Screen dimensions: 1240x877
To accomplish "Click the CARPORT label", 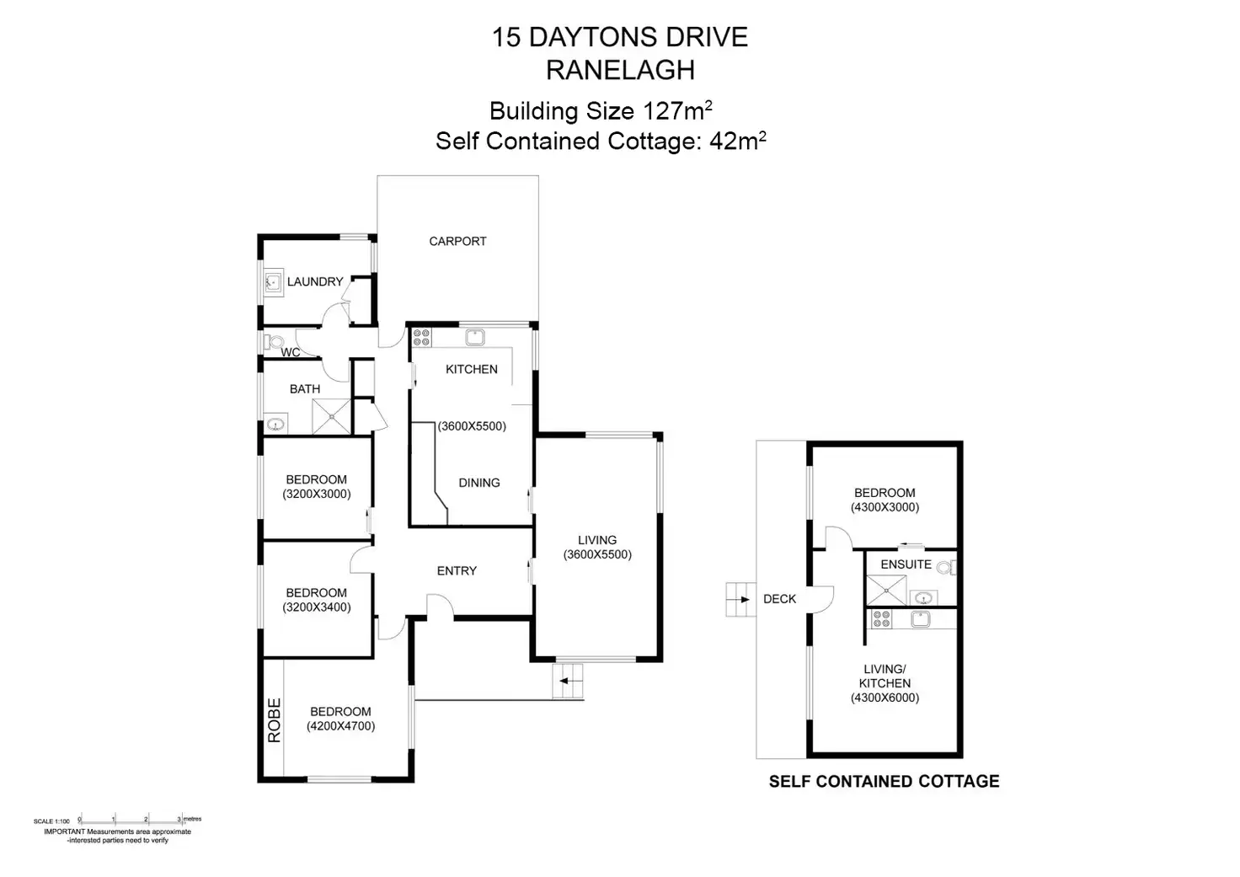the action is click(x=457, y=242).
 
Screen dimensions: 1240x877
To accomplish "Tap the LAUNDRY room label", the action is click(x=315, y=282).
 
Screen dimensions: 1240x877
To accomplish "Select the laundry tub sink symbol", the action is click(x=273, y=282).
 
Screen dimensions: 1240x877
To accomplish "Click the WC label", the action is click(x=290, y=353).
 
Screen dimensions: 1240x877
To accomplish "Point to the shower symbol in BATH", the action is click(x=332, y=416).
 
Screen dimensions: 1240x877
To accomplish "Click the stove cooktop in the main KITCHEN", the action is click(x=421, y=337).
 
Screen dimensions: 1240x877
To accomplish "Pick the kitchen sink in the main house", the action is click(x=475, y=337).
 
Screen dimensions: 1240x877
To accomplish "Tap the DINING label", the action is click(x=478, y=483).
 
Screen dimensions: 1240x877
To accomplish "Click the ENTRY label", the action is click(x=457, y=571).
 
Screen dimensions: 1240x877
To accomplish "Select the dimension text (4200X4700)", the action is click(x=341, y=726).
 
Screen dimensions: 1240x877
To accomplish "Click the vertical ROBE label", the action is click(x=275, y=719).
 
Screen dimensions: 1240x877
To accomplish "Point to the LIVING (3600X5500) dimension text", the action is click(x=597, y=554).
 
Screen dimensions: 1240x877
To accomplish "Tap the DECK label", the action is click(x=779, y=598).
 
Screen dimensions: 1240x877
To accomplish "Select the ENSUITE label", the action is click(x=906, y=564).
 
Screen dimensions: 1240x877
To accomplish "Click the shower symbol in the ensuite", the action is click(x=886, y=591).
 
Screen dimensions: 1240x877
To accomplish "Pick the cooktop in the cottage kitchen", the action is click(x=882, y=619).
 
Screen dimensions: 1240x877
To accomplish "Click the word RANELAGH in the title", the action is click(x=620, y=70).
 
